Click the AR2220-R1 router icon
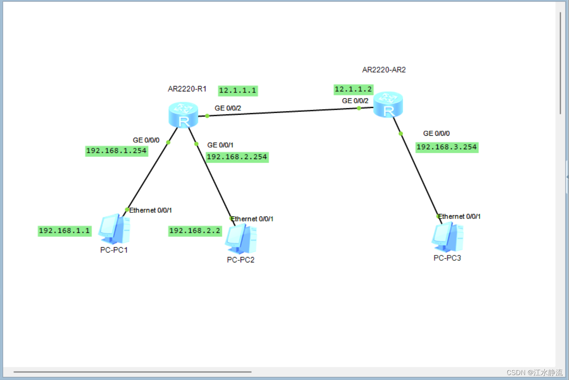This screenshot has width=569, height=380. [183, 115]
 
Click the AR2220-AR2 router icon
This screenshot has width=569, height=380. [388, 105]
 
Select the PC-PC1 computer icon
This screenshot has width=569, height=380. [114, 229]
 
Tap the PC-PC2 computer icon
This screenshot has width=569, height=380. [241, 239]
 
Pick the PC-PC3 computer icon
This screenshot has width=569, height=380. [448, 237]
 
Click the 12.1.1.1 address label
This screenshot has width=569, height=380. [238, 91]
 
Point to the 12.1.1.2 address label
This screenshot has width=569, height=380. [353, 89]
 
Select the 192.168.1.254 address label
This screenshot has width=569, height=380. [116, 151]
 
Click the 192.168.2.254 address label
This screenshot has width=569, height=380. [237, 157]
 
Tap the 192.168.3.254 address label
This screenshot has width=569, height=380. [447, 147]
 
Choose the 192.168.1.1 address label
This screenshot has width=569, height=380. [64, 231]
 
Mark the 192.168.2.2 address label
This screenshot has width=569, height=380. [195, 231]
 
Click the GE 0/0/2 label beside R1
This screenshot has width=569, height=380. [228, 108]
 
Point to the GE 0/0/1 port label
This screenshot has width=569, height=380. [220, 145]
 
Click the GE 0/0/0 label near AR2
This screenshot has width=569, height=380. [436, 134]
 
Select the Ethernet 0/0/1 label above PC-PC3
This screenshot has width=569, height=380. [460, 216]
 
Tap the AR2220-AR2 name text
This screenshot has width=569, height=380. [384, 70]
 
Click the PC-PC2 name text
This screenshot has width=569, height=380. [241, 260]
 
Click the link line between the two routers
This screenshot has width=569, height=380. [283, 112]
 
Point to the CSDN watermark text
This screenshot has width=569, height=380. [534, 373]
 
